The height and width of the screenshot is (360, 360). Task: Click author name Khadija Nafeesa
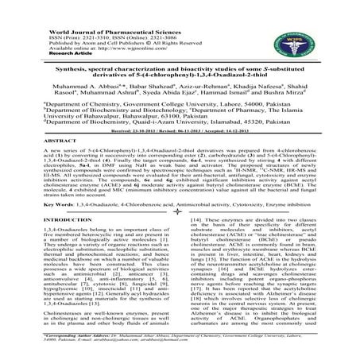point(262,93)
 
